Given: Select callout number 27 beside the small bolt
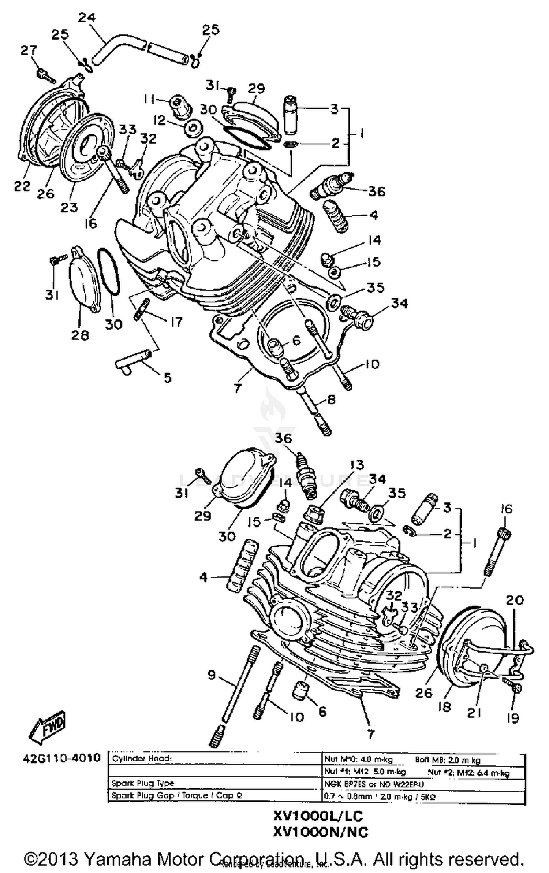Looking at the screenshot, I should pyautogui.click(x=29, y=50).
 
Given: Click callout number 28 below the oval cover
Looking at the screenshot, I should pyautogui.click(x=80, y=334).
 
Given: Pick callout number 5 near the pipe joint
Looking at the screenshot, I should pyautogui.click(x=167, y=378).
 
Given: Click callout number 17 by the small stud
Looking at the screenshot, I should pyautogui.click(x=176, y=322).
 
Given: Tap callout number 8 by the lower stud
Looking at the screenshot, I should pyautogui.click(x=330, y=399).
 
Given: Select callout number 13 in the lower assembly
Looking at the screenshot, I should pyautogui.click(x=356, y=465).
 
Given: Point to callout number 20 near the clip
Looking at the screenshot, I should pyautogui.click(x=515, y=600).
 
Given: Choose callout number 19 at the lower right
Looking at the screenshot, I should pyautogui.click(x=513, y=718).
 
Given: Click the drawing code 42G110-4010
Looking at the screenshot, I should pyautogui.click(x=61, y=757).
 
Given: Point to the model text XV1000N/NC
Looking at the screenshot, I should pyautogui.click(x=320, y=832).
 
